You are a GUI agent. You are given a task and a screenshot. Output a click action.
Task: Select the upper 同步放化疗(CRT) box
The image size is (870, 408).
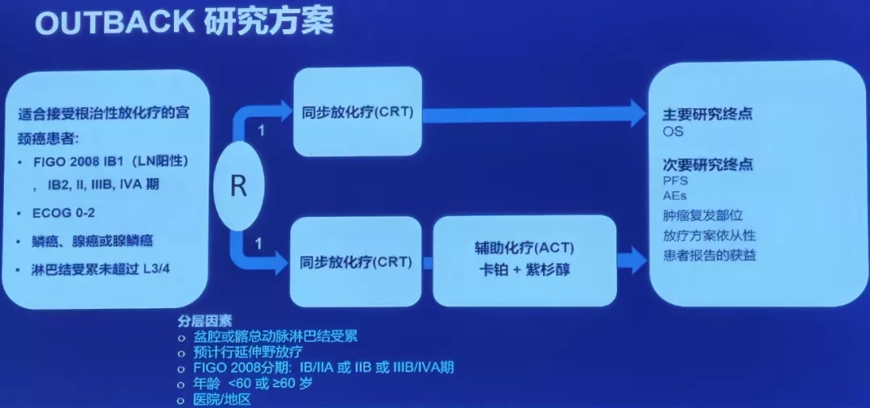358,111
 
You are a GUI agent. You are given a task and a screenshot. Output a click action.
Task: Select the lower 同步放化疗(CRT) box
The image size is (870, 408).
357,262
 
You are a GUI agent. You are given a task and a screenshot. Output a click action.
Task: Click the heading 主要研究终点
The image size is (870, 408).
707,114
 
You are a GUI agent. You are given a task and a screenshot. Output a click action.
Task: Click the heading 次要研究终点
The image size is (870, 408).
707,164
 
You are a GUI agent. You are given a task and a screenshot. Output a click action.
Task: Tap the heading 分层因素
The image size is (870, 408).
205,320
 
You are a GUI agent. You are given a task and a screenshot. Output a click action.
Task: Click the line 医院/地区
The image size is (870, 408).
222,399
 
